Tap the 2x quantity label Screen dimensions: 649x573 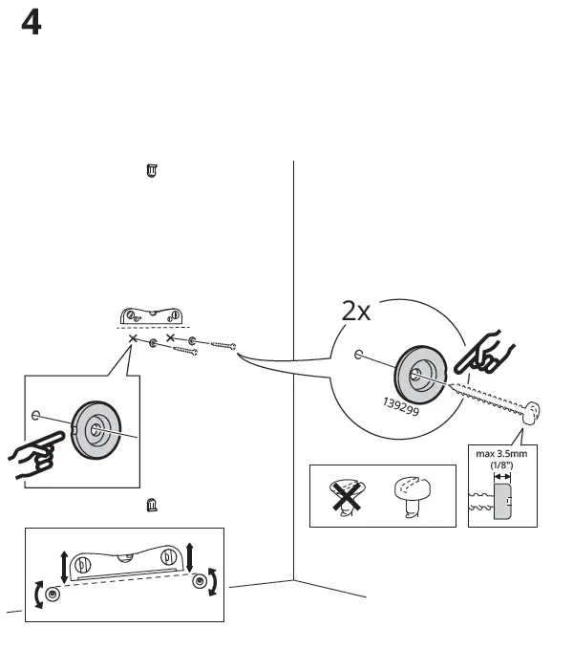(356, 311)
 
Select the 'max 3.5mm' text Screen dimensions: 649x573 (502, 454)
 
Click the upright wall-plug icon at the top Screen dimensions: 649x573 (151, 171)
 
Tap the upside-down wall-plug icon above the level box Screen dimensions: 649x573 (151, 505)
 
